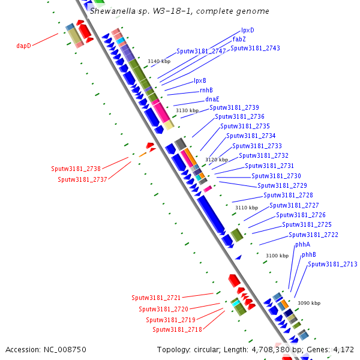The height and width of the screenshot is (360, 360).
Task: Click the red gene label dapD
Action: pyautogui.click(x=23, y=45)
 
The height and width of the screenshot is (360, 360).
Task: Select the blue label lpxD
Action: pyautogui.click(x=248, y=30)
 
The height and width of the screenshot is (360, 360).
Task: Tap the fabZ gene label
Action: pyautogui.click(x=239, y=39)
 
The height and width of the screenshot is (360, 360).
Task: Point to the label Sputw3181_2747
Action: pyautogui.click(x=201, y=51)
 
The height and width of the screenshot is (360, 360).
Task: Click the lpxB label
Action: pyautogui.click(x=200, y=80)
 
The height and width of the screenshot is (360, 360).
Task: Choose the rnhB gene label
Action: pyautogui.click(x=206, y=90)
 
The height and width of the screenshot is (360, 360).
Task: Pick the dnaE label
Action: pyautogui.click(x=212, y=99)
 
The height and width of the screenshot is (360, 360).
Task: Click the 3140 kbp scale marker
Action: pyautogui.click(x=159, y=62)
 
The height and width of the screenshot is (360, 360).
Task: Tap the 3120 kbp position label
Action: pyautogui.click(x=217, y=160)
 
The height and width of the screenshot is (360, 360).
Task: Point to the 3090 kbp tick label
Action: pyautogui.click(x=309, y=303)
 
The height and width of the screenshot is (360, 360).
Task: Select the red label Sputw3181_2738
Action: pyautogui.click(x=76, y=169)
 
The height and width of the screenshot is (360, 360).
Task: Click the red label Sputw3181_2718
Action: pyautogui.click(x=177, y=329)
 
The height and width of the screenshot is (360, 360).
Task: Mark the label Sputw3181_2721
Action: pyautogui.click(x=156, y=298)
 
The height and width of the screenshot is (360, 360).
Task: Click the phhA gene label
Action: pyautogui.click(x=302, y=245)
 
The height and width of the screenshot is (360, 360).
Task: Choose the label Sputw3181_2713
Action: pyautogui.click(x=332, y=264)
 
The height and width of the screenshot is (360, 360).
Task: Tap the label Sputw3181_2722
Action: pyautogui.click(x=313, y=235)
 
